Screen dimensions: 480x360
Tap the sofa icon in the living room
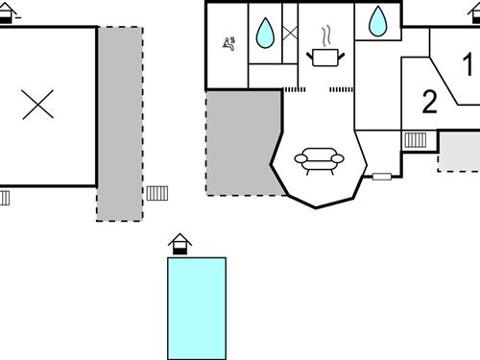point(316,160)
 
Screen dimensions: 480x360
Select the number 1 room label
point(468,65)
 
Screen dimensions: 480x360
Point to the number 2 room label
point(429,101)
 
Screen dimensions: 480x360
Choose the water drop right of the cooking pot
point(377,19)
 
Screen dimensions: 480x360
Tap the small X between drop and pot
point(289,34)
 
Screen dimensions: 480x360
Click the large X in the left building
point(38,104)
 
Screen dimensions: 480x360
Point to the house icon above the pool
point(179,245)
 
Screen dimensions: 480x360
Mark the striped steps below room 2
point(416,140)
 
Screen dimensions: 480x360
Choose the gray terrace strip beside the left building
point(119,120)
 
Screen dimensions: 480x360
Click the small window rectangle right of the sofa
point(382,176)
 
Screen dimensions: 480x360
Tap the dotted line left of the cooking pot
point(292,89)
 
